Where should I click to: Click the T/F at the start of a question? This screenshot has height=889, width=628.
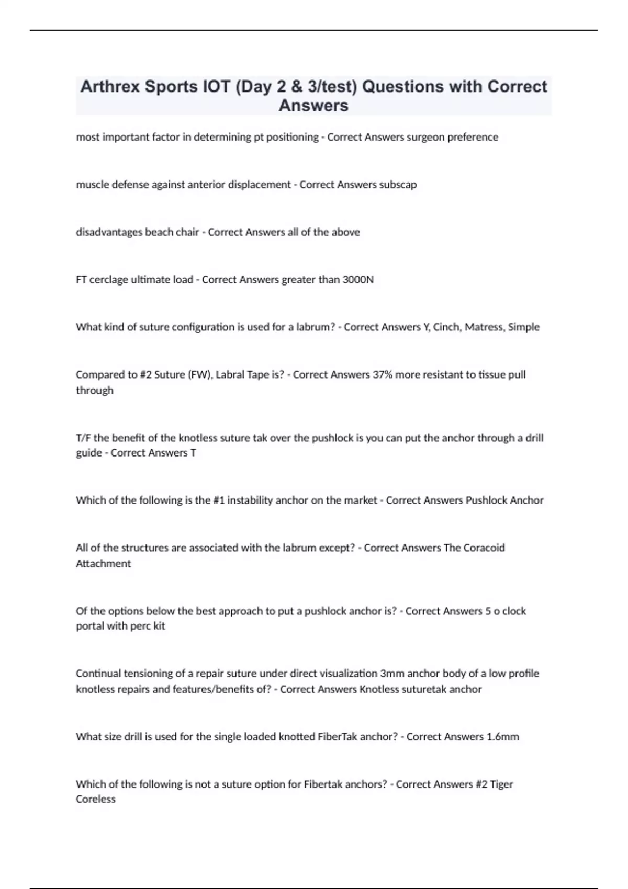[83, 438]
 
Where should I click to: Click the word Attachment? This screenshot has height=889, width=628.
[103, 564]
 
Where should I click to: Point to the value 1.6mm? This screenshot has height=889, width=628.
[503, 737]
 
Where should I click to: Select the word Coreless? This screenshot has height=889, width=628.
[95, 799]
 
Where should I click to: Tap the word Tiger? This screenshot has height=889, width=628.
[501, 784]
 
